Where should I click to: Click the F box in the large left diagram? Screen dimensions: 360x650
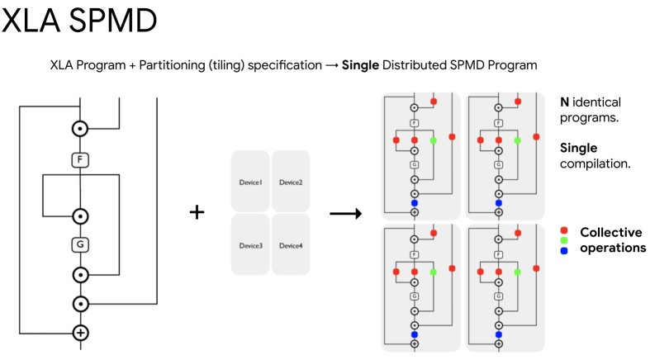(x=80, y=159)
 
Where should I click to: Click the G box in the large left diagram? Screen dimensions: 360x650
(x=80, y=244)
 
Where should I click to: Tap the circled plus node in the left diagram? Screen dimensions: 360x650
(x=80, y=333)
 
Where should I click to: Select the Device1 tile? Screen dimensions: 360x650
(x=250, y=182)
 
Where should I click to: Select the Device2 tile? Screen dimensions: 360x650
(x=290, y=182)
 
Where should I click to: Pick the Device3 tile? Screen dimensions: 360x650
(x=250, y=245)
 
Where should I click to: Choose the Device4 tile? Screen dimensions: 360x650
(x=290, y=245)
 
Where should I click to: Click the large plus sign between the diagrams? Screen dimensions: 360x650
(x=197, y=212)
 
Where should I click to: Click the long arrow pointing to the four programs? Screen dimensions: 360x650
(x=348, y=214)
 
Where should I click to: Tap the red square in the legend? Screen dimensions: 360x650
(x=563, y=231)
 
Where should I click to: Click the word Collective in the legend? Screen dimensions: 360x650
(x=611, y=232)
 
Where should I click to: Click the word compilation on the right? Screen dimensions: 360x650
(x=595, y=163)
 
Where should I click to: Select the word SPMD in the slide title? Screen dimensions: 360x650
(x=114, y=21)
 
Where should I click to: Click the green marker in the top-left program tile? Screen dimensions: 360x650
(x=434, y=141)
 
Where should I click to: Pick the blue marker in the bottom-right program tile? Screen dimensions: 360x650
(x=498, y=334)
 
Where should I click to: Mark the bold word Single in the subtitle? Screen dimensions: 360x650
(x=361, y=64)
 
